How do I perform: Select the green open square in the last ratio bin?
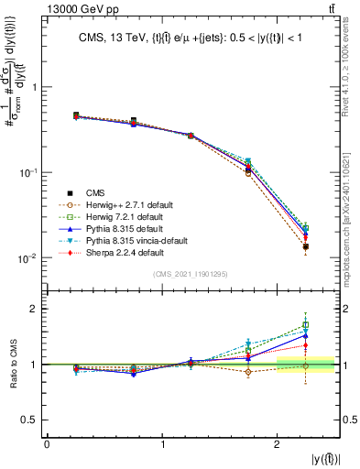coord(306,325)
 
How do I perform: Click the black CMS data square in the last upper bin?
coord(306,246)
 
